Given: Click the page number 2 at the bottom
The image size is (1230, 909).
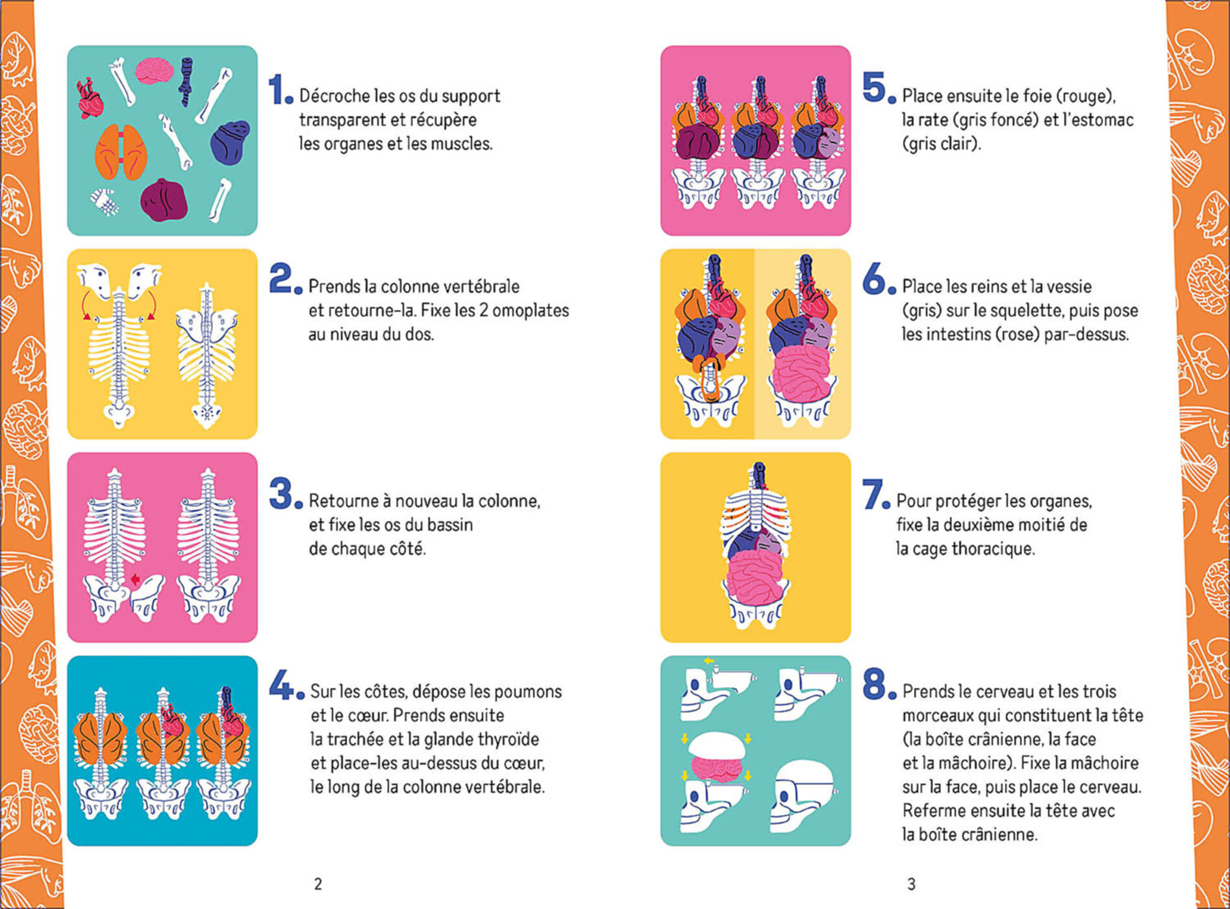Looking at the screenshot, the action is [318, 884].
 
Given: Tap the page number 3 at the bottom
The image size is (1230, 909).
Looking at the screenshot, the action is [911, 884].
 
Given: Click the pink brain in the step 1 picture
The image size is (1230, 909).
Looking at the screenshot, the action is [154, 71].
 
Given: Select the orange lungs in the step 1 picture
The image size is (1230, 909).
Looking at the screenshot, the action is [121, 152].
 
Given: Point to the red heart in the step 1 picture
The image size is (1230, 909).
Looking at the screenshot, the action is [90, 99].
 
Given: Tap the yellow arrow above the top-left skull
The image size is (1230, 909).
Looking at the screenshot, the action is [709, 661].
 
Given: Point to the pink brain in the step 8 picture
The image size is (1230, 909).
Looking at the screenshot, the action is [716, 767].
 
